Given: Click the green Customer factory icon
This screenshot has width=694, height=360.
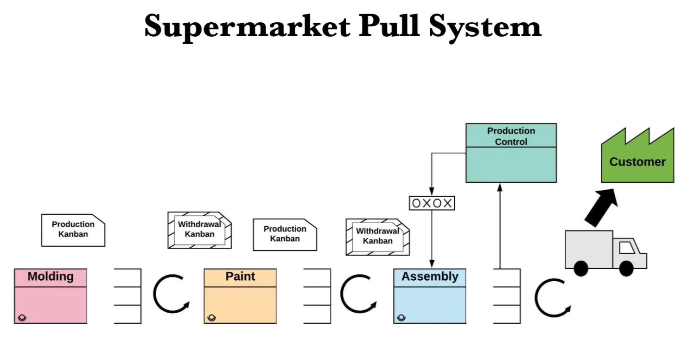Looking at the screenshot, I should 637,160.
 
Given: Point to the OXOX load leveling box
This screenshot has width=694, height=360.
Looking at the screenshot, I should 432,203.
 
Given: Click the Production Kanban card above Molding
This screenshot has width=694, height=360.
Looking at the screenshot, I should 73,230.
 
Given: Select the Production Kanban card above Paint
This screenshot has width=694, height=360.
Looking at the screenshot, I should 285,234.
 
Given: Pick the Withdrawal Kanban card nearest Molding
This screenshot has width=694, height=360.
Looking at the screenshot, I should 199,230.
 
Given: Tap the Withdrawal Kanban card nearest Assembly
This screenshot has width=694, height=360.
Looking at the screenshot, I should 377,237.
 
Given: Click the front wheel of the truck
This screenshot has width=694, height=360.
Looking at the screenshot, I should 626,268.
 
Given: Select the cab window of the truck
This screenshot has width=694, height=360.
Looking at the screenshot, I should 627,248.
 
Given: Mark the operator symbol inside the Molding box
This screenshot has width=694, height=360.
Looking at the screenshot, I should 22,318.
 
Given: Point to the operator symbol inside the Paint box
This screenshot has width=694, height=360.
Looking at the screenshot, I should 212,318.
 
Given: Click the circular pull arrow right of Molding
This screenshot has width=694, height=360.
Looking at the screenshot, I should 170,294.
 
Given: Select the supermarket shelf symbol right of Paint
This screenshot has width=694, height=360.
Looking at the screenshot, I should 318,296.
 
